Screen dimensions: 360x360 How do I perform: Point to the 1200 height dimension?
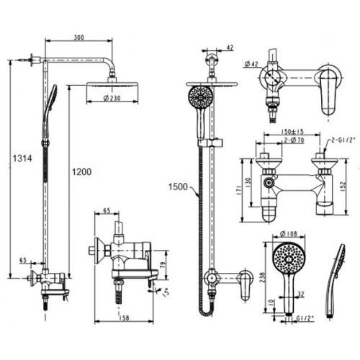pos(82,172)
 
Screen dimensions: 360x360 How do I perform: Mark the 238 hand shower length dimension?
pos(263,277)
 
